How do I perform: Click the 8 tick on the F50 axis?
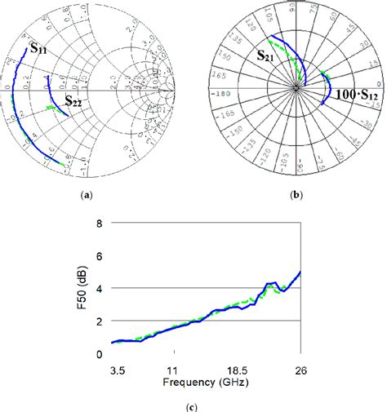pos(98,223)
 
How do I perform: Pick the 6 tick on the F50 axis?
pos(98,255)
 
